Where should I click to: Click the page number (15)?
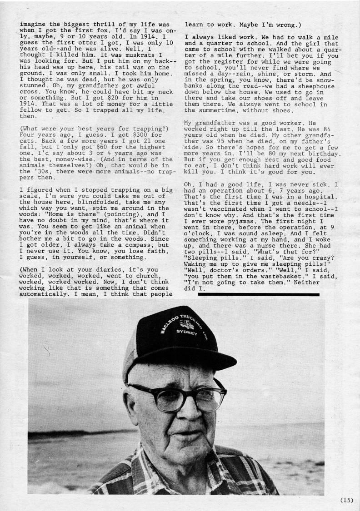tap(346, 501)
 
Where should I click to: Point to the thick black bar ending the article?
tap(259, 294)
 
